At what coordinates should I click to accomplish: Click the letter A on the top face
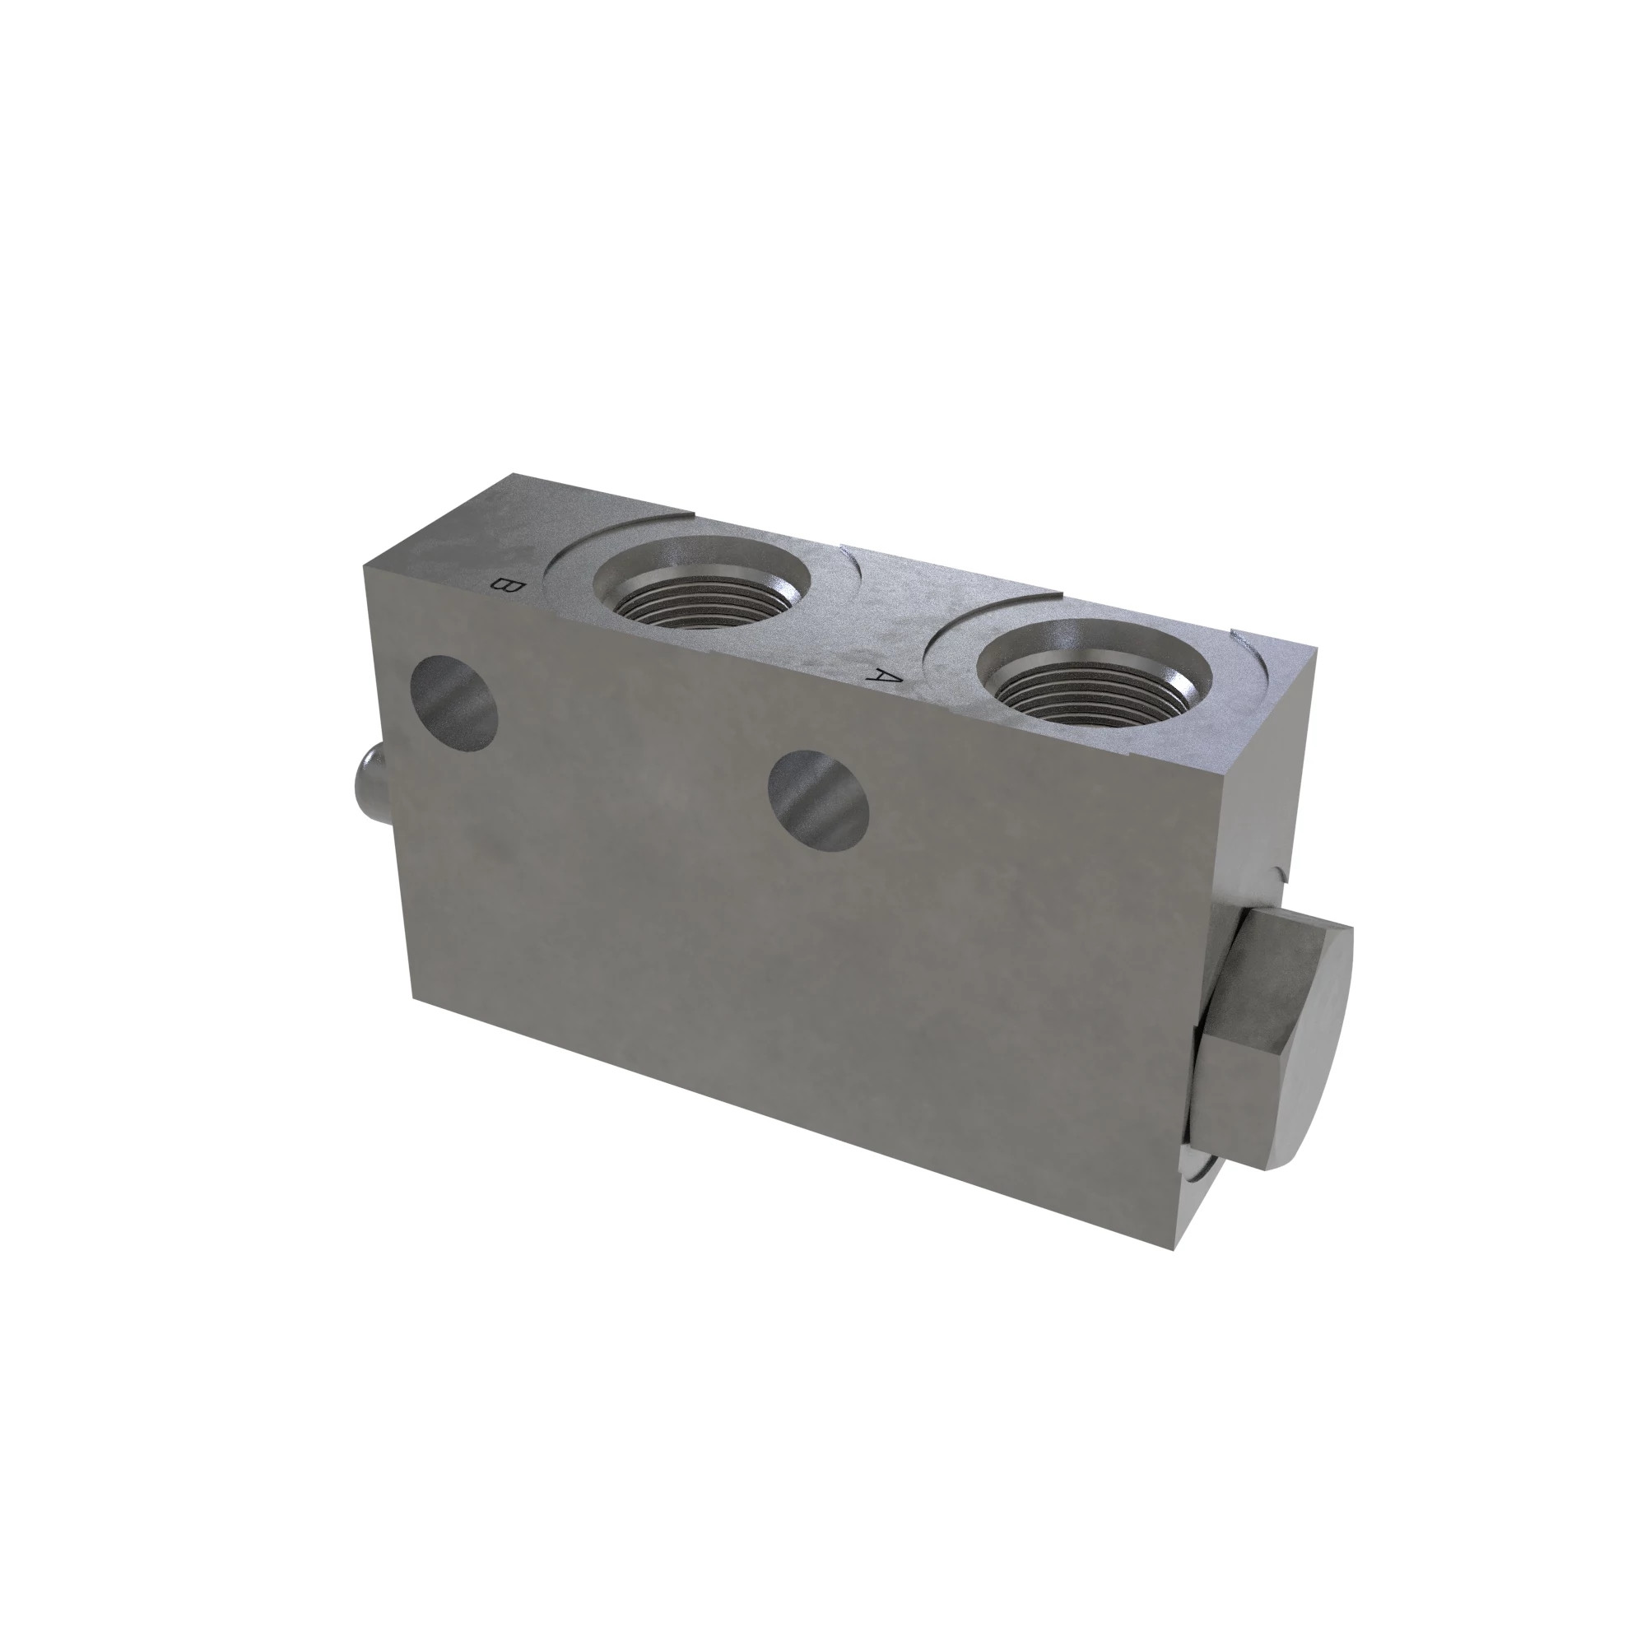885,677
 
